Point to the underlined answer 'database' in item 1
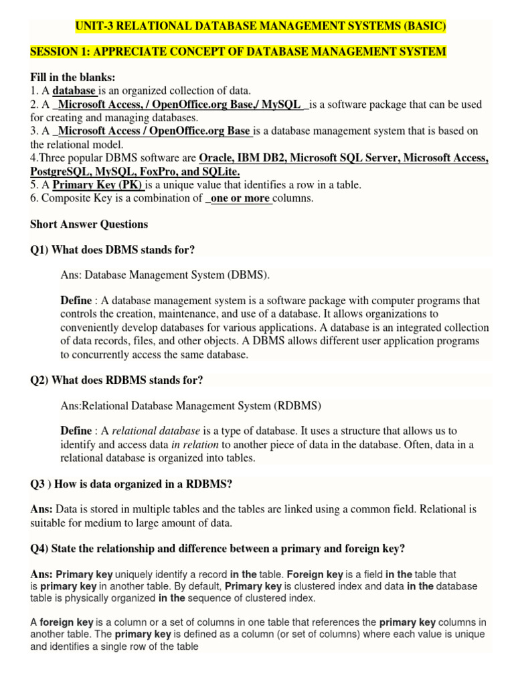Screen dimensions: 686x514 74,91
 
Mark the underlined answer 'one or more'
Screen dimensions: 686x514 240,198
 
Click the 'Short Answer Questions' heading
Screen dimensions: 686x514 89,224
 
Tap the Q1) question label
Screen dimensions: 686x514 39,250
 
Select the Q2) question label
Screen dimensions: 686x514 39,381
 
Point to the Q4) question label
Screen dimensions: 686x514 39,549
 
